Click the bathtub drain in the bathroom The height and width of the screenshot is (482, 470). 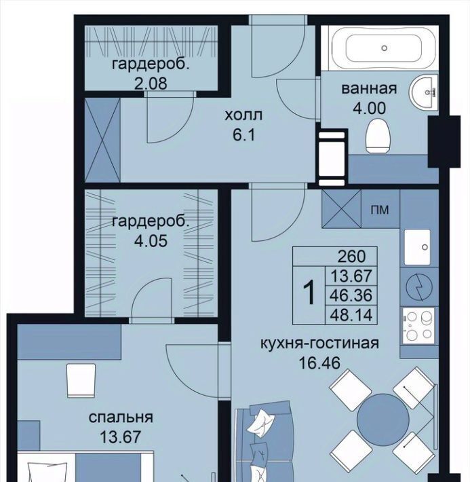coord(384,48)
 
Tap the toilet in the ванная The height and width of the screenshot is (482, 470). coord(378,136)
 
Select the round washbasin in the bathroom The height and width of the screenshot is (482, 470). coord(423,92)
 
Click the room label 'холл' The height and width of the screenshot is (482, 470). coord(243,115)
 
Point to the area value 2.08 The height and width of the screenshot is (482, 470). coord(151,83)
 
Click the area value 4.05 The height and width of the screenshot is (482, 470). coord(151,241)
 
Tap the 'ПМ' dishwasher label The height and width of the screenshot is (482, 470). coord(380,210)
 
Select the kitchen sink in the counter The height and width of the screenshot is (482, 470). coord(417,247)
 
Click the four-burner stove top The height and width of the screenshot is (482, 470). coord(418,326)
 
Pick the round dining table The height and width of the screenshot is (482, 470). coord(383,420)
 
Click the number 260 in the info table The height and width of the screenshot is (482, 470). coord(351,256)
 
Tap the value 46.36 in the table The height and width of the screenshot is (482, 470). coord(351,295)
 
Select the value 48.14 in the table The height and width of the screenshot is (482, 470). coord(351,315)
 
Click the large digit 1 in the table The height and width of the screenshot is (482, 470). coord(309,293)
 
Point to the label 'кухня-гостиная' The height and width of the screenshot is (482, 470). coord(320,343)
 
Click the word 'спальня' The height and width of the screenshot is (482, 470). coord(121,418)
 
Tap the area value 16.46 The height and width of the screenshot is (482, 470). coord(319,363)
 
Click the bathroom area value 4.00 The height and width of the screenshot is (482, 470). coord(369,109)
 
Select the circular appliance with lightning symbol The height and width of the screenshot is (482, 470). coord(419,286)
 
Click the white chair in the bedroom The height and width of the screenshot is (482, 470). coord(81,381)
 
